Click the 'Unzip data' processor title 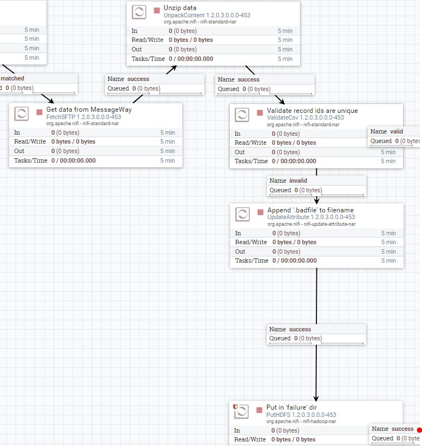pyautogui.click(x=181, y=8)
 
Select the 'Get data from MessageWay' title pyautogui.click(x=89, y=110)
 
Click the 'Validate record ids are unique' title pyautogui.click(x=312, y=111)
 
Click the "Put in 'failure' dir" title pyautogui.click(x=296, y=407)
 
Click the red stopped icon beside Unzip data pyautogui.click(x=157, y=11)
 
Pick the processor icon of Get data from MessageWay pyautogui.click(x=22, y=114)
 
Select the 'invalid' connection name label pyautogui.click(x=297, y=181)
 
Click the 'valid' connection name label pyautogui.click(x=396, y=131)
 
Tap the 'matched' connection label pyautogui.click(x=12, y=78)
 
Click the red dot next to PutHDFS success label pyautogui.click(x=419, y=429)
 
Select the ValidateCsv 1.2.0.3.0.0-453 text pyautogui.click(x=305, y=117)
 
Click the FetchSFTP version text pyautogui.click(x=83, y=117)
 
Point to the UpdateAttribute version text pyautogui.click(x=311, y=217)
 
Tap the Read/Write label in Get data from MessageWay pyautogui.click(x=27, y=141)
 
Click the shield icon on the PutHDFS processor pyautogui.click(x=235, y=407)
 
